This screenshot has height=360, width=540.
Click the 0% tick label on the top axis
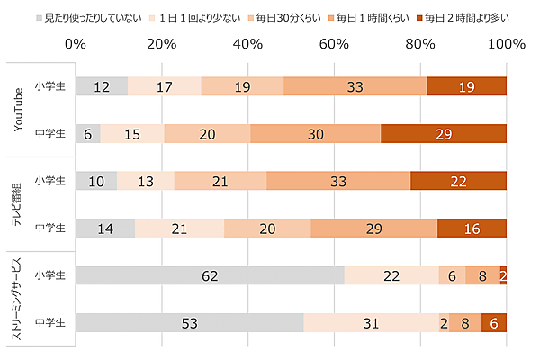76,43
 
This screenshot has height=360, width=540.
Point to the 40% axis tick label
247,43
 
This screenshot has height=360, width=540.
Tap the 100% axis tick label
506,43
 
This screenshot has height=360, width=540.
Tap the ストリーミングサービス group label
18,298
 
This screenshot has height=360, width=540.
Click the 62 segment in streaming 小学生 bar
210,275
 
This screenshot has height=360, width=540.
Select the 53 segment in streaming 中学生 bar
190,322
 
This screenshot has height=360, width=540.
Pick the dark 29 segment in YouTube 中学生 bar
444,134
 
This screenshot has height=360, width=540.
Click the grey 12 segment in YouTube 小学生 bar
102,86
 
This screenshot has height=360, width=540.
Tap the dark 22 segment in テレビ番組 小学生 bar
458,181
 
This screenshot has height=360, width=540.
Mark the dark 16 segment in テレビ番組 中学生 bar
472,228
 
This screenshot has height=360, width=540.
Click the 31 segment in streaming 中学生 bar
371,322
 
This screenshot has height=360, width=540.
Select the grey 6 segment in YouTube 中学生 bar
88,134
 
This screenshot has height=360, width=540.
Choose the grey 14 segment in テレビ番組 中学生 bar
105,228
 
